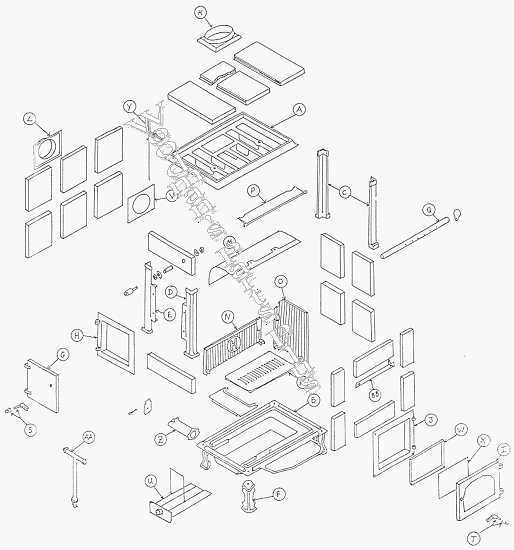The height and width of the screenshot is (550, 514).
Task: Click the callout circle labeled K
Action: [200, 13]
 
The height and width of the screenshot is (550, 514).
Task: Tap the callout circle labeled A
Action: [298, 109]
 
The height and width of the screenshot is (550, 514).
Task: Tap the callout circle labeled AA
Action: [88, 438]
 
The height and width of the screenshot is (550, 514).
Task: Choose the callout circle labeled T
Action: [500, 536]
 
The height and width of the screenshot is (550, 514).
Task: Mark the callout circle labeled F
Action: [279, 492]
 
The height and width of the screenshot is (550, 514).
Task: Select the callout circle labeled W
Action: [461, 430]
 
